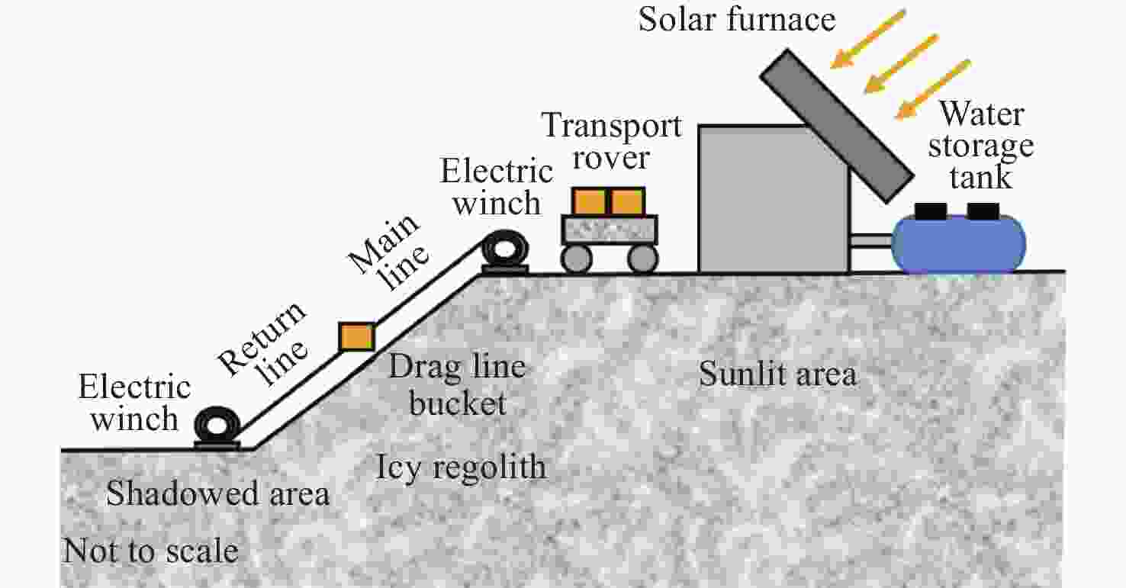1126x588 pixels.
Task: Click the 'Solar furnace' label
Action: (737, 18)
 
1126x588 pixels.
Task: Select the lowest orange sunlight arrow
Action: (933, 89)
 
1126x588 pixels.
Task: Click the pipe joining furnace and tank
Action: (871, 241)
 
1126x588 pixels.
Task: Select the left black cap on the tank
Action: (931, 210)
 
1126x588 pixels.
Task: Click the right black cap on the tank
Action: (983, 210)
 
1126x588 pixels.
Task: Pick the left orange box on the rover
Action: (589, 201)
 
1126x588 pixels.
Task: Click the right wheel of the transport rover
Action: (642, 259)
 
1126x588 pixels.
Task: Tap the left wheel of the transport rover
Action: (576, 259)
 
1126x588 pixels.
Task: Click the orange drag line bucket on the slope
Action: (356, 336)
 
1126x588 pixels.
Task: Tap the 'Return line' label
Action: (264, 339)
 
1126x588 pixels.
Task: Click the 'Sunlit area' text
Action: (777, 374)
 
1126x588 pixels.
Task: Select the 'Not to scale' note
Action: (150, 551)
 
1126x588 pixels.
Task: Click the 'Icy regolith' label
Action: (461, 467)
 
